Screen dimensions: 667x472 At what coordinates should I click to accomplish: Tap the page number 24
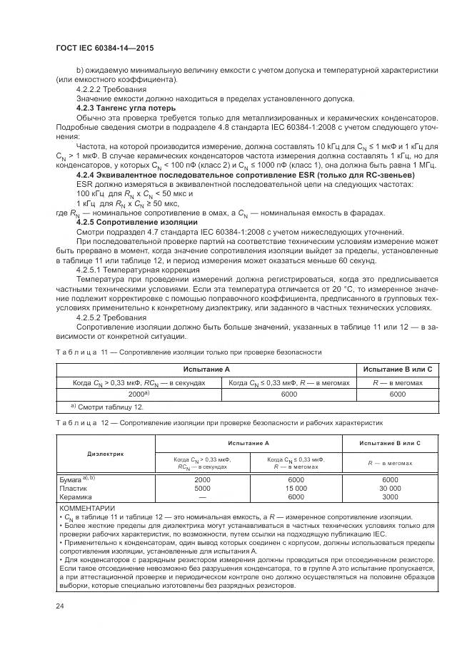click(60, 606)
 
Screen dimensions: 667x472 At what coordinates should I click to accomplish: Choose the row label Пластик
click(74, 489)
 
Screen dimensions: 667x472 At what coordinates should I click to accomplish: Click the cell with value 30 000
click(390, 489)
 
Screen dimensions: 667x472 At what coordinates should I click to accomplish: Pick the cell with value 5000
click(202, 489)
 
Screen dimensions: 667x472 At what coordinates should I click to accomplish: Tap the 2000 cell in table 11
click(138, 394)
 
